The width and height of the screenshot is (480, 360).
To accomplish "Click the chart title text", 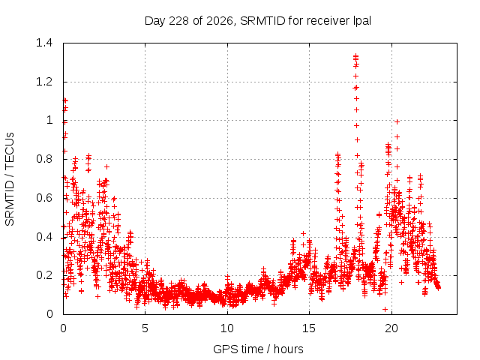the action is coord(258,21).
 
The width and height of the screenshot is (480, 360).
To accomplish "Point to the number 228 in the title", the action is coord(178,21).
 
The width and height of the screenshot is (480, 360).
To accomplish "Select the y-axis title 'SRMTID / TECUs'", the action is coord(10,179).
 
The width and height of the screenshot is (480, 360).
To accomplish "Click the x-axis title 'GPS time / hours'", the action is coord(258,349).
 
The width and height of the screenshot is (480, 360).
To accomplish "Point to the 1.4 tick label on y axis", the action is coord(44,43).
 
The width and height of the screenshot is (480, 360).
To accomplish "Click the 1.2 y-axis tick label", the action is coord(44,82).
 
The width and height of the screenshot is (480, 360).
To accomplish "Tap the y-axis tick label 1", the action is coord(50,120).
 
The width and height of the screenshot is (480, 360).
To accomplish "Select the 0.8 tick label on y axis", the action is coord(44,159).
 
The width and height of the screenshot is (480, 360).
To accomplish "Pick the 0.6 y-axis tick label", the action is coord(44,198).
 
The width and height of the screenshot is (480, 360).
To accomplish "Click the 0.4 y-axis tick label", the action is coord(44,237).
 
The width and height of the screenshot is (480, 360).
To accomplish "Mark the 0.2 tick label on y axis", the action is coord(44,275).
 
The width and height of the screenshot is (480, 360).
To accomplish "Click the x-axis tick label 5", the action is coord(145,328).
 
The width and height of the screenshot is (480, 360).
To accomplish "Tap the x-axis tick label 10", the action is coord(227,328).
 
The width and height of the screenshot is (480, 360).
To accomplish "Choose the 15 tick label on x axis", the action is coord(309,328).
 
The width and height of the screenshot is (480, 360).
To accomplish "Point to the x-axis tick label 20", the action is coord(391,328).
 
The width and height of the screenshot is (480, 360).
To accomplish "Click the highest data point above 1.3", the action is coord(355,56).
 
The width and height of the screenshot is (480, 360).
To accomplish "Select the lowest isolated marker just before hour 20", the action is coord(385,310).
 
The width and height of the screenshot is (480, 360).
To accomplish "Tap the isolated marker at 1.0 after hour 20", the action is coord(397,121).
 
